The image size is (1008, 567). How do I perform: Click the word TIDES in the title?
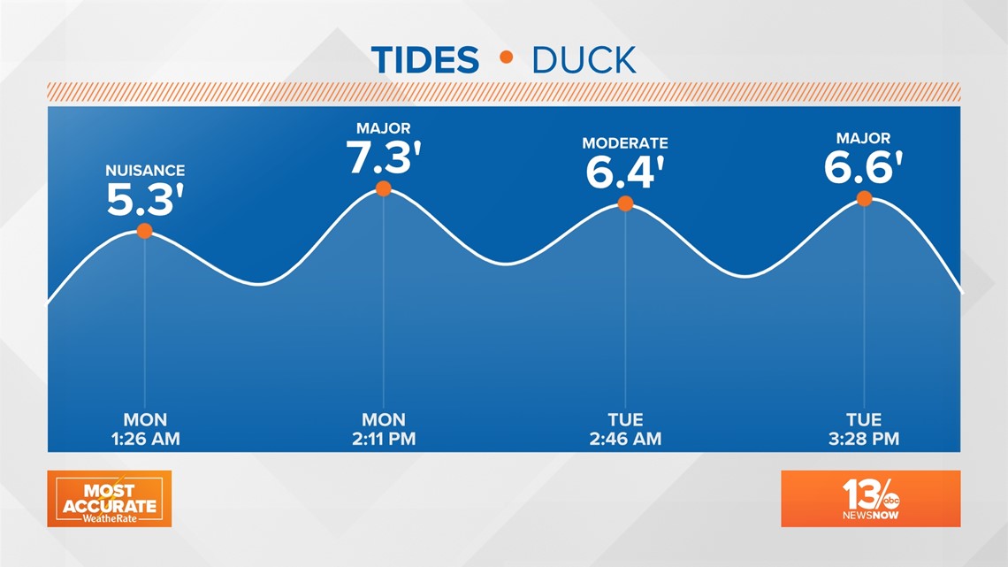[425, 60]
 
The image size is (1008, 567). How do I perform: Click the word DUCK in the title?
[584, 60]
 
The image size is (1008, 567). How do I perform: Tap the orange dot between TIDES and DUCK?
[507, 57]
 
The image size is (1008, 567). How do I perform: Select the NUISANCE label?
[145, 171]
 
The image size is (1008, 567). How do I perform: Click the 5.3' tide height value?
[145, 199]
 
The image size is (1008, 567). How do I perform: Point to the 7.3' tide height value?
[384, 157]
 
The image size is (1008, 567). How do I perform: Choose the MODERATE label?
[625, 142]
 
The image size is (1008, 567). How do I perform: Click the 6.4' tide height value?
[625, 172]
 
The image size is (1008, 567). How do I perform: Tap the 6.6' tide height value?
[863, 167]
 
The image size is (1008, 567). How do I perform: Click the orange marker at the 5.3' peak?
[145, 231]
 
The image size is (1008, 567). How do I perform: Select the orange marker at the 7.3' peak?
[384, 188]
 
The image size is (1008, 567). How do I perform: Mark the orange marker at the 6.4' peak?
[625, 203]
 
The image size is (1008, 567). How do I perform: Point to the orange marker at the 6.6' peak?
[864, 199]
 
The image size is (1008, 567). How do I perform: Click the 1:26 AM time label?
[145, 439]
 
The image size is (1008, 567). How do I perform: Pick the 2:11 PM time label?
[384, 439]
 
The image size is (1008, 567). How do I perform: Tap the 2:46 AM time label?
[625, 439]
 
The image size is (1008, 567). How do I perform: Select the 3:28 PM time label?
[864, 439]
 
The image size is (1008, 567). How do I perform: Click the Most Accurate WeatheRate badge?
[110, 499]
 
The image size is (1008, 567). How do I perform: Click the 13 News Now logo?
[870, 499]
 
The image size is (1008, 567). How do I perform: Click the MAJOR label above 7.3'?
[384, 128]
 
